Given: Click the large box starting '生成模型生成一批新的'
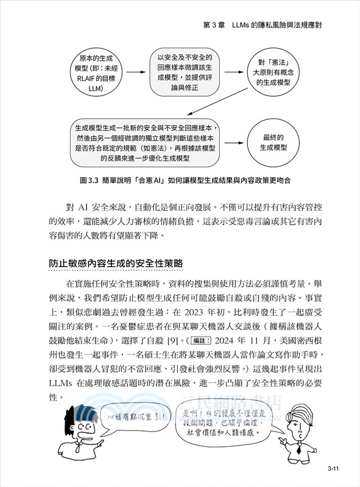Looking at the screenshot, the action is coord(146,143).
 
